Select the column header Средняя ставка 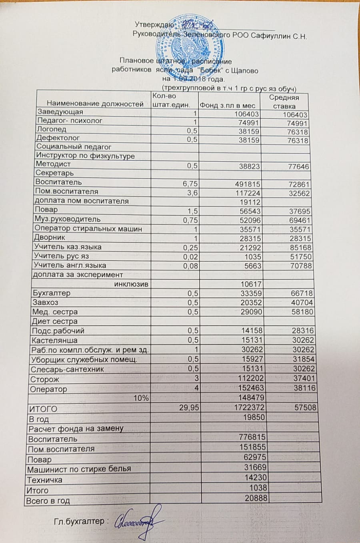pyautogui.click(x=284, y=102)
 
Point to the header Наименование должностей pyautogui.click(x=95, y=104)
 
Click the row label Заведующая pyautogui.click(x=60, y=112)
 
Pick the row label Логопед pyautogui.click(x=52, y=129)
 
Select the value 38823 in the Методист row pyautogui.click(x=249, y=166)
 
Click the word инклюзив pyautogui.click(x=132, y=284)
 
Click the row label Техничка pyautogui.click(x=44, y=480)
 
